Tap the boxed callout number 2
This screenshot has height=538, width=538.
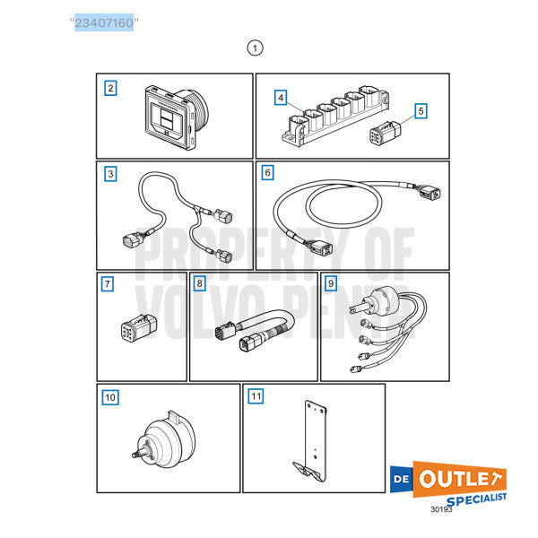pyautogui.click(x=110, y=88)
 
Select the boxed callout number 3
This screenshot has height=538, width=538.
pyautogui.click(x=110, y=174)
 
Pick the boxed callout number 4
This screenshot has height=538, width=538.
pyautogui.click(x=281, y=97)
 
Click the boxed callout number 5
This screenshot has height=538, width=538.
pyautogui.click(x=421, y=111)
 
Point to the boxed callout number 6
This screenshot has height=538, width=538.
pyautogui.click(x=267, y=170)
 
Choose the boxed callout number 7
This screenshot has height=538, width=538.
pyautogui.click(x=108, y=284)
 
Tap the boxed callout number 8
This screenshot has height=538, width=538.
pyautogui.click(x=199, y=283)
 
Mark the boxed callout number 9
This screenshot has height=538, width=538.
pyautogui.click(x=331, y=283)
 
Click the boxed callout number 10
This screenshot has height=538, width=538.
pyautogui.click(x=110, y=396)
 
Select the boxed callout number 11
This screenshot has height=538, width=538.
pyautogui.click(x=256, y=395)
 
